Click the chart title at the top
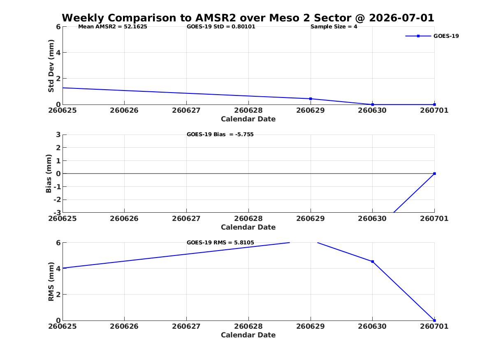click(x=248, y=18)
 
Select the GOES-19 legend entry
click(x=432, y=36)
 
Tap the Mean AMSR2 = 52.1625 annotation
click(x=113, y=27)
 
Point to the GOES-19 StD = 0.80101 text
click(x=221, y=27)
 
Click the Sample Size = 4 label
click(x=334, y=27)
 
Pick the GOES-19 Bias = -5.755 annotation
click(x=220, y=135)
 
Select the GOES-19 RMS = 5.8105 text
click(x=220, y=242)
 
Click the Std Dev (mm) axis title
click(x=51, y=66)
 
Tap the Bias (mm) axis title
click(x=49, y=174)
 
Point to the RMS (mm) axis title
click(x=51, y=282)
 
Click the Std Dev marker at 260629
click(x=311, y=99)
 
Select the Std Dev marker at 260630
click(x=373, y=105)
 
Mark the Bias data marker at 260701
click(x=434, y=174)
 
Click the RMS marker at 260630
click(x=373, y=261)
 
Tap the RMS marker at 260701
click(x=434, y=321)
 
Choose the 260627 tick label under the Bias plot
click(x=186, y=218)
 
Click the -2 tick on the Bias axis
click(x=57, y=200)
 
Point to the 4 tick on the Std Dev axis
click(x=58, y=53)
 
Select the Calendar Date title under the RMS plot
click(x=248, y=335)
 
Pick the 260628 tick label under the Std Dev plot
click(x=248, y=110)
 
